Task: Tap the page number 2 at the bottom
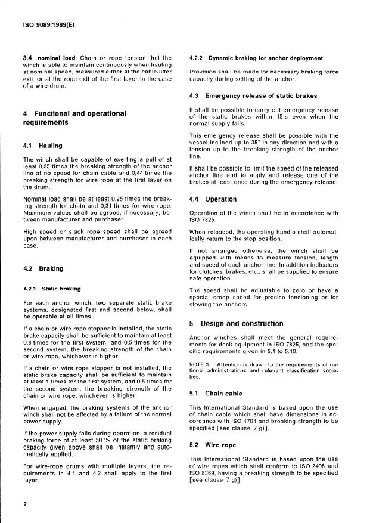[25, 503]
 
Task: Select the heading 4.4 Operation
[213, 199]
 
